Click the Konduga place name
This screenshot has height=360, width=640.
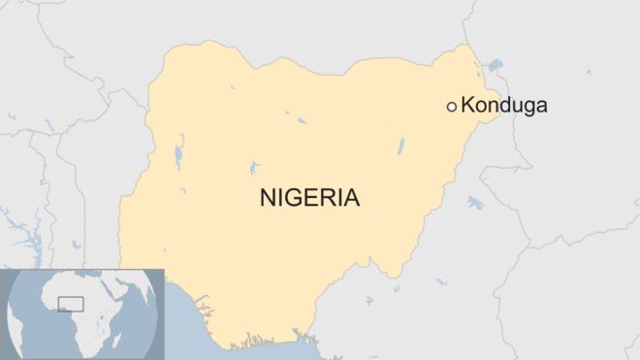503,105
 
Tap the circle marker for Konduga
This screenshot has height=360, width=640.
451,106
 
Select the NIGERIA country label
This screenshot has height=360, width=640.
309,198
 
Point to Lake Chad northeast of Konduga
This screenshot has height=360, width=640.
496,66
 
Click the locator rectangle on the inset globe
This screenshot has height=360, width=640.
71,304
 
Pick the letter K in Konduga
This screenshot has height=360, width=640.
466,105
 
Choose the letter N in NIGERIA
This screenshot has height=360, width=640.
268,198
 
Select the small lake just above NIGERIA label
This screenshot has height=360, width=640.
253,168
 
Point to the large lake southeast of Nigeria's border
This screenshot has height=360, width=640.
475,203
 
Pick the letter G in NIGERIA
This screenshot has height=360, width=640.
294,198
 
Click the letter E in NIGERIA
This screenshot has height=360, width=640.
310,198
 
